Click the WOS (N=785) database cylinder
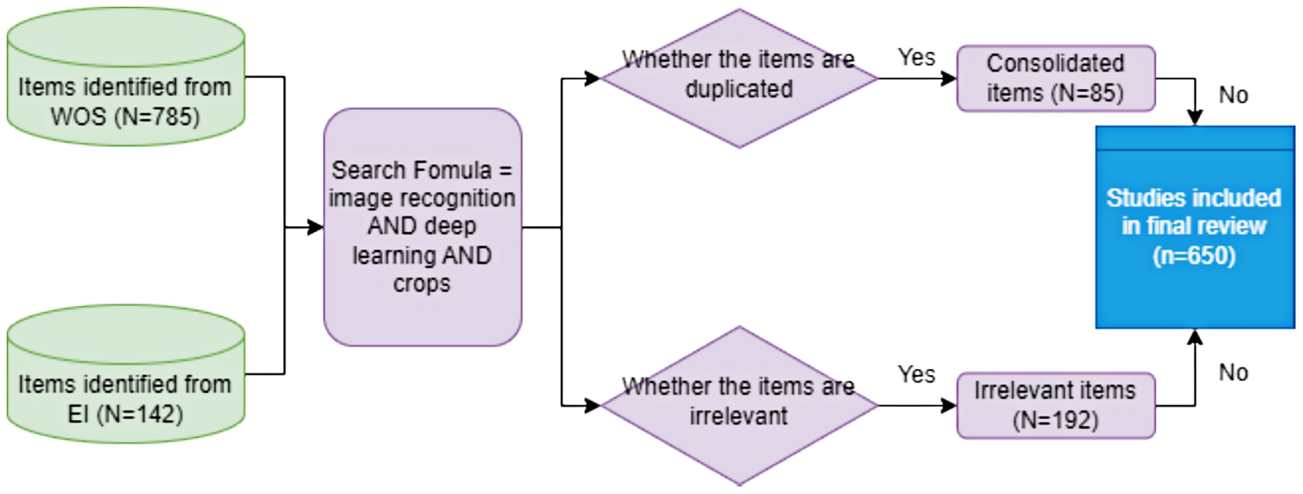[126, 76]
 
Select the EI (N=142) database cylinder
[126, 374]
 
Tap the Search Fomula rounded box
[423, 227]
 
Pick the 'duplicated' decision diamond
[739, 78]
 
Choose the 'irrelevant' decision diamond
[739, 406]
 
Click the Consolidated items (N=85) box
[1055, 78]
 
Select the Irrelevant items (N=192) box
[1055, 406]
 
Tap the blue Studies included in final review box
[1195, 227]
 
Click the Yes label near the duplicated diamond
[916, 57]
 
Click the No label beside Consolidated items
[1233, 95]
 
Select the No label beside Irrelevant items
[1233, 373]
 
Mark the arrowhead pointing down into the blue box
[1195, 118]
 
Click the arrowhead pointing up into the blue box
[1195, 337]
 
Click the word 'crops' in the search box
[422, 284]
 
